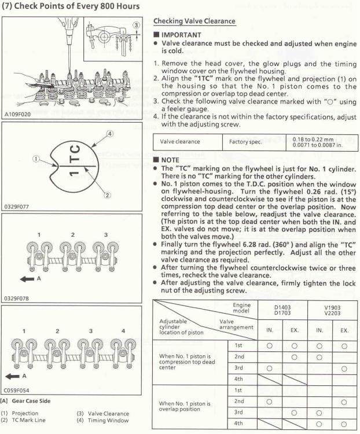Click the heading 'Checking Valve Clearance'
tap(194, 21)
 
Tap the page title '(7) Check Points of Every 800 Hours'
tap(72, 6)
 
